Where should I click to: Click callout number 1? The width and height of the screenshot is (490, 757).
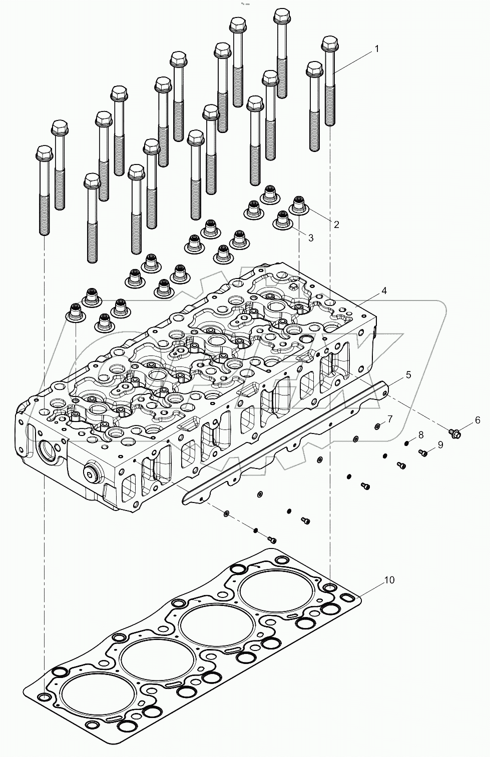coord(376,49)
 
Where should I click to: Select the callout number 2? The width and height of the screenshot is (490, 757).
coord(336,224)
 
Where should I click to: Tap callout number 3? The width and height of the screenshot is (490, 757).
coord(311,238)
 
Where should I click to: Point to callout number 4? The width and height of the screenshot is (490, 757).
coord(383,290)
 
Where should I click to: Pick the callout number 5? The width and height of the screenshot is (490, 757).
coord(408,374)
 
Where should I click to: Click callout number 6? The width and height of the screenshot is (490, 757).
coord(477,420)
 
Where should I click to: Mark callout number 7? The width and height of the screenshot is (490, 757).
coord(390,418)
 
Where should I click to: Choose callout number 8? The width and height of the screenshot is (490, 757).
coord(420,434)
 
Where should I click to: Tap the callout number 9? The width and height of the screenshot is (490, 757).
coord(440,444)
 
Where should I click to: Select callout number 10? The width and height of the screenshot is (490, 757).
coord(389,580)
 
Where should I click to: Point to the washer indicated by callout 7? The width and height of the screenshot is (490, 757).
coord(376,426)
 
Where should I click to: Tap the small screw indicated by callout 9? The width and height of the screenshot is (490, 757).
coord(423,453)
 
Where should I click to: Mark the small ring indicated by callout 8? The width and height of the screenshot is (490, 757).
coord(408,442)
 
